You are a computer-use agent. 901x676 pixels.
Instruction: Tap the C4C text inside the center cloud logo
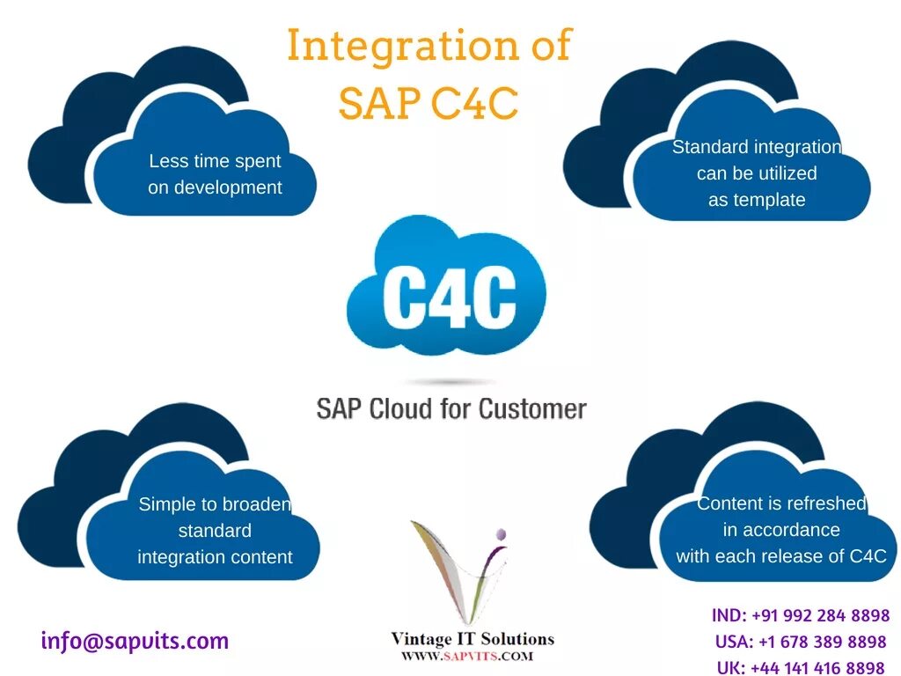click(x=450, y=301)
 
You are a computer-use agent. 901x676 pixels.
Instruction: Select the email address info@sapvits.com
click(x=135, y=641)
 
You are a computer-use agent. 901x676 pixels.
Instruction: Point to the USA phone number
click(x=822, y=642)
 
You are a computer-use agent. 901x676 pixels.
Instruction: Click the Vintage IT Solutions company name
click(x=472, y=638)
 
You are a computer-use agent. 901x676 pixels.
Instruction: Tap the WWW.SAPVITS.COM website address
click(x=467, y=657)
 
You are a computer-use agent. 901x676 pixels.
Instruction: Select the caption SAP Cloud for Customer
click(x=451, y=409)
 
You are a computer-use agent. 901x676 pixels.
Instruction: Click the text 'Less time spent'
click(x=215, y=161)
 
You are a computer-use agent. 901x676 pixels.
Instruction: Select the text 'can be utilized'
click(x=757, y=173)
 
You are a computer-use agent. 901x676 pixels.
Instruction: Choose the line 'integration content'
click(x=215, y=557)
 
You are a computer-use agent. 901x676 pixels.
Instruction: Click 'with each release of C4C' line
click(x=781, y=556)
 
